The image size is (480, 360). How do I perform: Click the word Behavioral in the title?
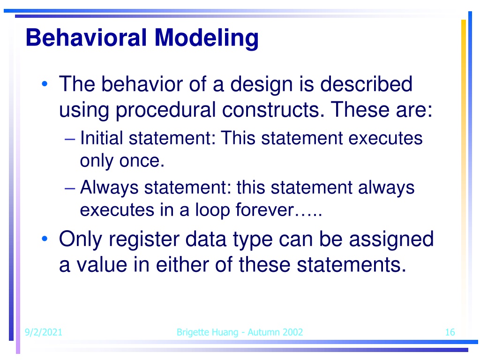pos(86,37)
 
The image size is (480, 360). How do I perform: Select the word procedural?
pos(165,110)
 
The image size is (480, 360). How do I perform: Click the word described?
pos(366,84)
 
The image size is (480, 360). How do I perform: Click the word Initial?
pos(101,138)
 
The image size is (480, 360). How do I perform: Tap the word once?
pos(142,160)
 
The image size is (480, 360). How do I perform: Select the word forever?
pos(264,210)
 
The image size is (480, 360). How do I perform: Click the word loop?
pos(212,210)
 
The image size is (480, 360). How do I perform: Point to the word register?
pos(144,240)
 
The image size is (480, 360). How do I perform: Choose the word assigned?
pos(391,240)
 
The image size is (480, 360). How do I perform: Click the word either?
pos(182,264)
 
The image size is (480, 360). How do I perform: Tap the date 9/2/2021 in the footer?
pos(43,332)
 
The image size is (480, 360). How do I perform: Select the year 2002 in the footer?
pos(292,332)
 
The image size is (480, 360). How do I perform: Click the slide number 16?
pos(450,332)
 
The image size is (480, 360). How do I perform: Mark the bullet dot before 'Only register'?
pos(45,239)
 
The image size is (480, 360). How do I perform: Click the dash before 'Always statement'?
pos(70,188)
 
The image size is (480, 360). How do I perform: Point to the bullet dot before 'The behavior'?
pos(45,83)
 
